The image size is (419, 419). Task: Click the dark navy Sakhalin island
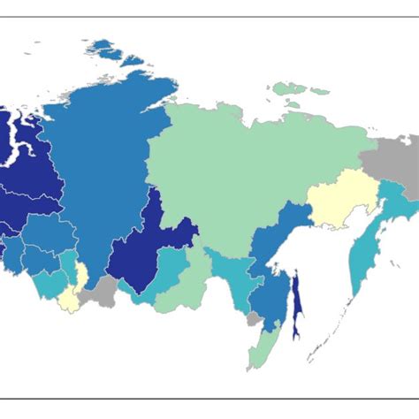point(297,306)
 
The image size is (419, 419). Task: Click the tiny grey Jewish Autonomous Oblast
point(254,316)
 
